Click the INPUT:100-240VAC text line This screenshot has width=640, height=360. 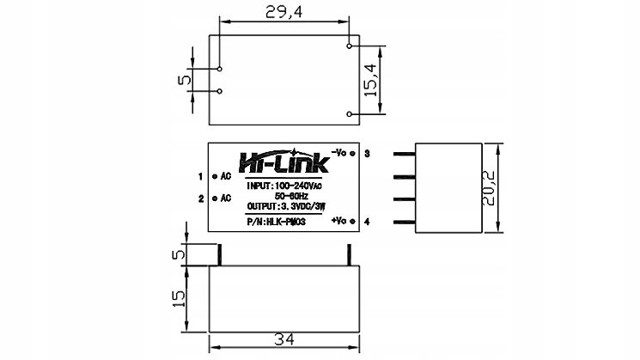click(x=283, y=186)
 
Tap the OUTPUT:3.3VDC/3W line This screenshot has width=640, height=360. click(x=284, y=207)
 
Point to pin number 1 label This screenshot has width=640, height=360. click(x=199, y=176)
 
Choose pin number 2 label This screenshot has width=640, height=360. click(x=199, y=198)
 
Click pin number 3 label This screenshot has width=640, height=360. click(x=367, y=153)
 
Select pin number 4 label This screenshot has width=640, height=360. click(x=367, y=222)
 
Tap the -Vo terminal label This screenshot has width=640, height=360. click(x=338, y=152)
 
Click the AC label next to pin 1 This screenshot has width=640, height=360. click(x=226, y=176)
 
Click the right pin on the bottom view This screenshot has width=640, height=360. click(x=350, y=254)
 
